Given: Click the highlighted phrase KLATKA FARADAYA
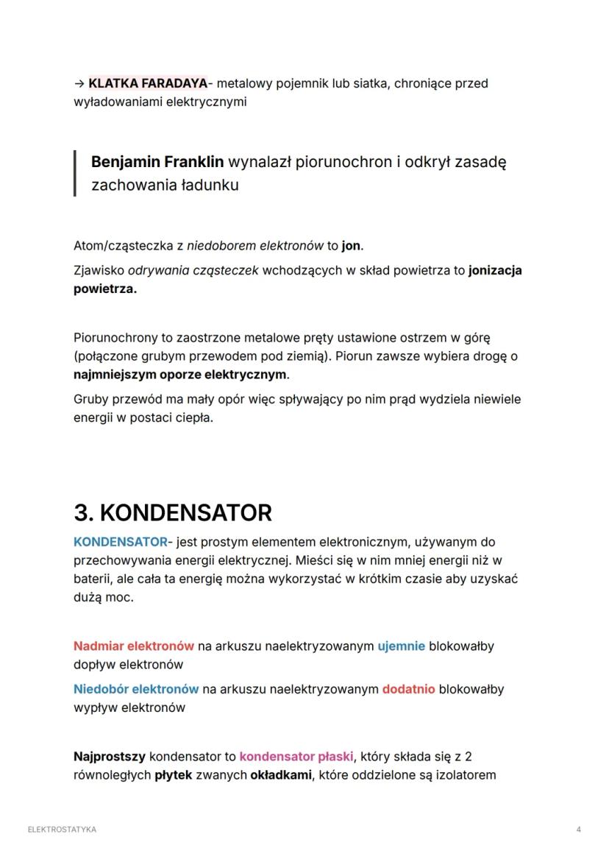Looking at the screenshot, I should pyautogui.click(x=147, y=83).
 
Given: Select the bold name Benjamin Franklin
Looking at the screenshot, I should pyautogui.click(x=157, y=162).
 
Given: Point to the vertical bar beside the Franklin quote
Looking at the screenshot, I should pyautogui.click(x=75, y=173).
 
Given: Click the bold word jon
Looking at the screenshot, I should pyautogui.click(x=352, y=245).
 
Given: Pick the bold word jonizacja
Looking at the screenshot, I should pyautogui.click(x=494, y=270).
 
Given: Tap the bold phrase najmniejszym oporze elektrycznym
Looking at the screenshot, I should pyautogui.click(x=180, y=375).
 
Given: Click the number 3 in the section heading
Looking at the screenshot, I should pyautogui.click(x=82, y=512).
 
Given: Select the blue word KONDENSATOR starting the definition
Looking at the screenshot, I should pyautogui.click(x=120, y=542).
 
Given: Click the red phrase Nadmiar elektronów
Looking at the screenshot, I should pyautogui.click(x=134, y=646).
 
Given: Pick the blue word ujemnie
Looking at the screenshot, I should pyautogui.click(x=401, y=646).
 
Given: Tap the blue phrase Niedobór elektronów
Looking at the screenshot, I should pyautogui.click(x=136, y=690).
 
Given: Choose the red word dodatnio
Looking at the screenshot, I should pyautogui.click(x=408, y=690).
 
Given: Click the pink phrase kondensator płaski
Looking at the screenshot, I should pyautogui.click(x=296, y=757).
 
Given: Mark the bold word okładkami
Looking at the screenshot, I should pyautogui.click(x=280, y=775).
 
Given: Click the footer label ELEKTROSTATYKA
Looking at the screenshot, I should pyautogui.click(x=62, y=830).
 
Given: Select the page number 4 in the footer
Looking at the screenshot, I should pyautogui.click(x=579, y=830).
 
